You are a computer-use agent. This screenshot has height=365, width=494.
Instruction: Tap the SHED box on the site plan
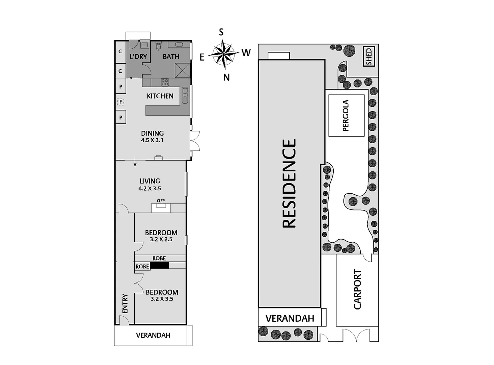pos(369,56)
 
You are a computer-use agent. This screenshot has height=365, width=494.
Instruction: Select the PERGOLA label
pos(346,116)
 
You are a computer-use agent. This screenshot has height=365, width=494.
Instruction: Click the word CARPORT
pos(357,289)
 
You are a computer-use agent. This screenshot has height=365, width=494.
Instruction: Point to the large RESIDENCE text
pos(289,184)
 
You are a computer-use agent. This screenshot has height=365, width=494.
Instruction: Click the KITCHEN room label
pos(160,96)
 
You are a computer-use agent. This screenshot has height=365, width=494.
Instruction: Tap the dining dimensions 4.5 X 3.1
pos(152,140)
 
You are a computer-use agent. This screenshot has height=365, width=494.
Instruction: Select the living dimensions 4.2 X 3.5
pos(149,189)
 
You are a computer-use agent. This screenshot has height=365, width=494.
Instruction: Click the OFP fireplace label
pos(161,201)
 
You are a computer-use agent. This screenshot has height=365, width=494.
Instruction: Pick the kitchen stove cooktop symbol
pos(165,82)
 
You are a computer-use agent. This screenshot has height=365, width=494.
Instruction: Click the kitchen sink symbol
pos(185,95)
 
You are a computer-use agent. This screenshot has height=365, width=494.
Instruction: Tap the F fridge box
pos(120,101)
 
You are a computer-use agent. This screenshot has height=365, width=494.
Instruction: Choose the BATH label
pos(171,56)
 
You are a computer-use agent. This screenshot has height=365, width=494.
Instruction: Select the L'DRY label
pos(138,56)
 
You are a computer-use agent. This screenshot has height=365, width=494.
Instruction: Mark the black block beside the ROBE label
pos(159,266)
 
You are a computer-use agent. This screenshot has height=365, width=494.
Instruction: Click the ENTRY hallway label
pos(125,303)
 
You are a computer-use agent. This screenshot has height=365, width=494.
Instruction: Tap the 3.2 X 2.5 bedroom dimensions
pos(161,239)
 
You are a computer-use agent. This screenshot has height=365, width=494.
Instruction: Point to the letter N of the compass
pos(226,77)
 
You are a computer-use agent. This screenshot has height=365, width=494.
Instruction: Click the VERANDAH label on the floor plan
pos(153,335)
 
